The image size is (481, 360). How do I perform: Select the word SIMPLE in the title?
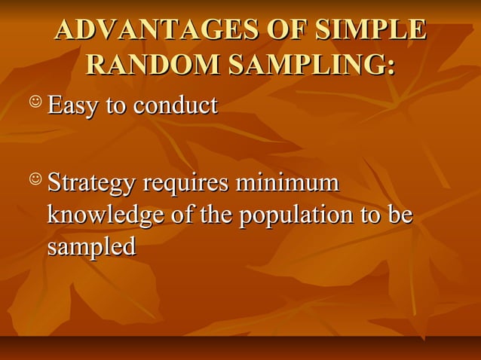pos(370,30)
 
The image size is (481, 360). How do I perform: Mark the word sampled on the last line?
pos(91,247)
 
